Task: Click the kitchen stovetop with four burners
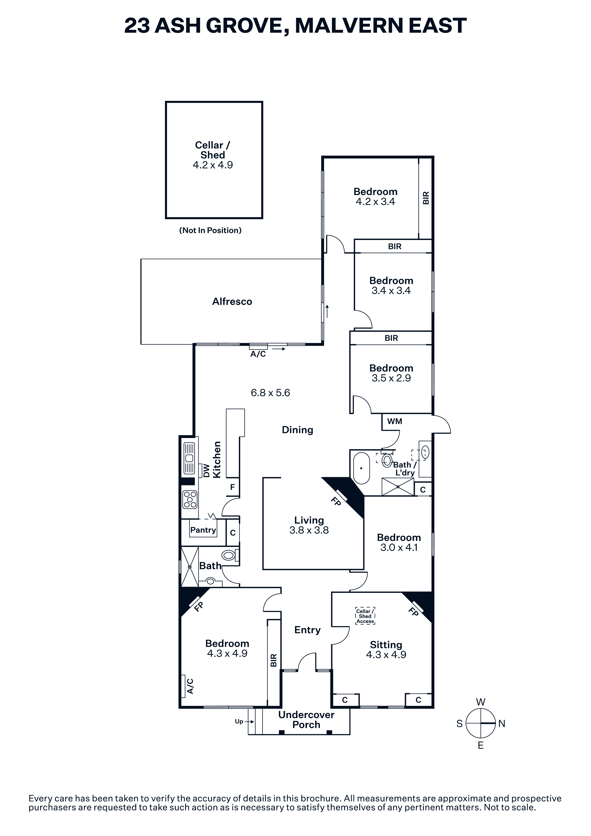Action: (x=190, y=500)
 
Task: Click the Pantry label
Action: (x=203, y=530)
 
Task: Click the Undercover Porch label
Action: (x=306, y=720)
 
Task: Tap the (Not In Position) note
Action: (x=211, y=230)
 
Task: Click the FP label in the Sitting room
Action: (x=413, y=612)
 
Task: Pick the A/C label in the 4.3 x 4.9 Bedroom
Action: (x=190, y=686)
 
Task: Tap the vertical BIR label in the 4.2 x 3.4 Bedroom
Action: (x=426, y=198)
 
